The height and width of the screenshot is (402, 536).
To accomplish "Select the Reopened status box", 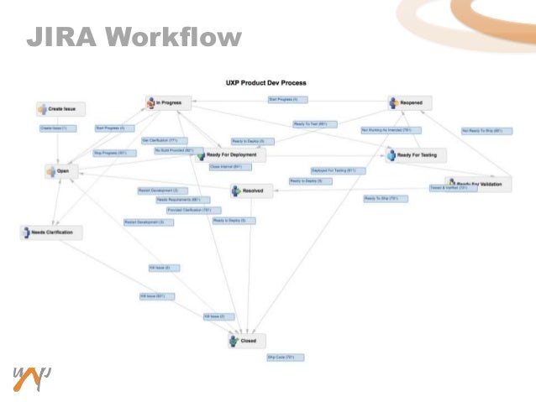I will pyautogui.click(x=410, y=103).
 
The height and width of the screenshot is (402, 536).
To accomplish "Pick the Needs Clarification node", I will pyautogui.click(x=51, y=232).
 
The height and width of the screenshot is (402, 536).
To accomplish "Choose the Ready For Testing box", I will pyautogui.click(x=416, y=155).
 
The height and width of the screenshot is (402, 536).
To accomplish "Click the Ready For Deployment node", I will pyautogui.click(x=230, y=155).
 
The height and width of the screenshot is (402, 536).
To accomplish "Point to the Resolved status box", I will pyautogui.click(x=250, y=191).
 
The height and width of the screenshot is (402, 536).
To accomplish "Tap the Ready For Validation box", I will pyautogui.click(x=478, y=184).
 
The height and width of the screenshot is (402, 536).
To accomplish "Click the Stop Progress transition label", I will pyautogui.click(x=110, y=153).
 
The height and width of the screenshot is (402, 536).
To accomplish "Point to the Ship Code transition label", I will pyautogui.click(x=286, y=357).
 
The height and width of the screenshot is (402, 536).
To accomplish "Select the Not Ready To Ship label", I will pyautogui.click(x=482, y=131).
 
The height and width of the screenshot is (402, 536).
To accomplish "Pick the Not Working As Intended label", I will pyautogui.click(x=386, y=130).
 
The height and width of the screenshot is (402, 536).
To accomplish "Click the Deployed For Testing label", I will pyautogui.click(x=334, y=170).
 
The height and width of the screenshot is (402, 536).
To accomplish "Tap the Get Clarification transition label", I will pyautogui.click(x=160, y=140).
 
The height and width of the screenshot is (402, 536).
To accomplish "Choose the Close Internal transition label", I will pyautogui.click(x=225, y=167).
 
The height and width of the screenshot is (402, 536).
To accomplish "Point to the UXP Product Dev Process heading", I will pyautogui.click(x=265, y=83).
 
